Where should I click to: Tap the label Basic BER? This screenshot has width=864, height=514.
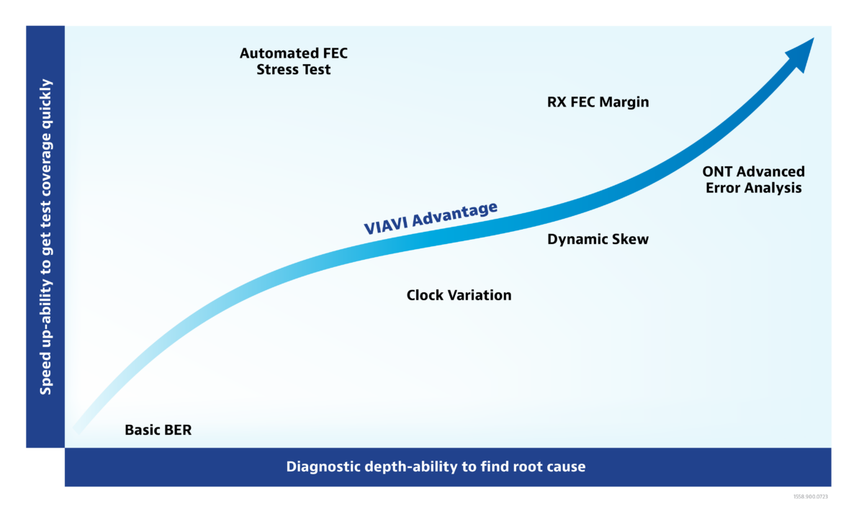pyautogui.click(x=158, y=430)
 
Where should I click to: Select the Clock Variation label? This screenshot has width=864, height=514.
pyautogui.click(x=459, y=295)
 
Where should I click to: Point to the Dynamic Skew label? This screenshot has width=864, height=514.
pyautogui.click(x=598, y=240)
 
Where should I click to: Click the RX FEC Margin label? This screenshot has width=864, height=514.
pyautogui.click(x=598, y=102)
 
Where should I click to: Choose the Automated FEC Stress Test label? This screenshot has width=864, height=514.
pyautogui.click(x=294, y=61)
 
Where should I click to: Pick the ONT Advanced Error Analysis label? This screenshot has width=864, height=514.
pyautogui.click(x=754, y=180)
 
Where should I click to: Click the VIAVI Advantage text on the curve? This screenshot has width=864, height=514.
pyautogui.click(x=431, y=217)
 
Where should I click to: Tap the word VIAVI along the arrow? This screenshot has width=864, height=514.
pyautogui.click(x=386, y=225)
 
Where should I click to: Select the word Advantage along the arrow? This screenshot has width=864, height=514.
pyautogui.click(x=455, y=213)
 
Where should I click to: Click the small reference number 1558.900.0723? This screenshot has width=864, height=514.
pyautogui.click(x=811, y=497)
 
